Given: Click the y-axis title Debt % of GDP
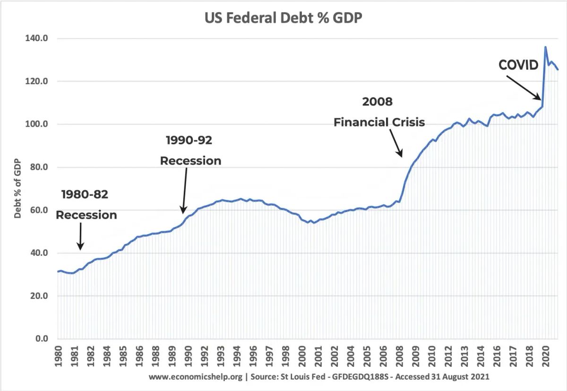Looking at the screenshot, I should tap(17, 188).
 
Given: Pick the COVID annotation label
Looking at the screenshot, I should tap(518, 65).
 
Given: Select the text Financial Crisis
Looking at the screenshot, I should tap(379, 122).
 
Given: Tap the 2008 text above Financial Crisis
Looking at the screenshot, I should tap(378, 102).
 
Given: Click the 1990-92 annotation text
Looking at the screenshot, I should tap(189, 140).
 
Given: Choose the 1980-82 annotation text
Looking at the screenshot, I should tap(85, 194).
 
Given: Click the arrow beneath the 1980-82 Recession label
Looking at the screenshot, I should tap(80, 236).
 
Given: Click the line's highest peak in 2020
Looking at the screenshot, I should tap(545, 47).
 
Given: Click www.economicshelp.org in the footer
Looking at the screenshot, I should tap(195, 377).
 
